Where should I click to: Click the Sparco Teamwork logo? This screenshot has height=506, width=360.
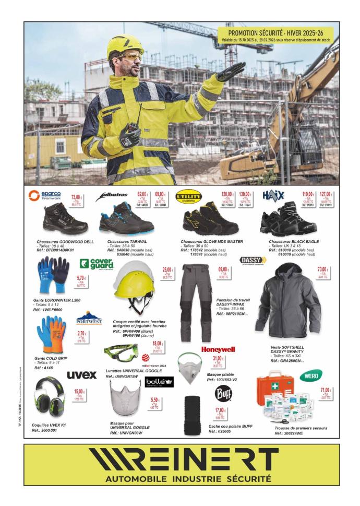(45, 196)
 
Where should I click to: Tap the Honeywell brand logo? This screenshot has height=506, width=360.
(218, 349)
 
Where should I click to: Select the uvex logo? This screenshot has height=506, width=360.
(82, 374)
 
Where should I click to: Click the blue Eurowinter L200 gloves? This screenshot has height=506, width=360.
(53, 277)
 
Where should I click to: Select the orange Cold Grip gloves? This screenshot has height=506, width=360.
(51, 335)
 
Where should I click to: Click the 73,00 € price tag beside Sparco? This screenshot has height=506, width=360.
(77, 199)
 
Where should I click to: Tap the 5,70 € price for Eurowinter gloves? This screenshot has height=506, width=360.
(81, 281)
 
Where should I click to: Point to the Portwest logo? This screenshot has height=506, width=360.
(89, 319)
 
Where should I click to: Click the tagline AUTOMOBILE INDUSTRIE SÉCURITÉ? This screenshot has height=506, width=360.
(181, 479)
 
